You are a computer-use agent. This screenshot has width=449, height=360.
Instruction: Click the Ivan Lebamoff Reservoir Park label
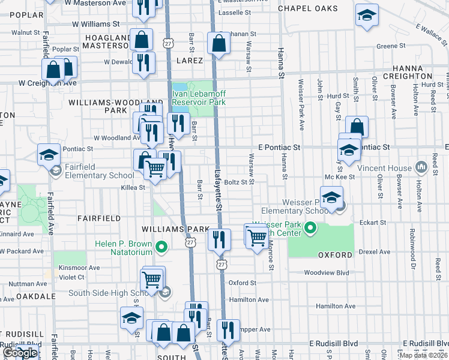point(199,98)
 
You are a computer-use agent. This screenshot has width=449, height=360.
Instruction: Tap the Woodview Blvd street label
point(326,272)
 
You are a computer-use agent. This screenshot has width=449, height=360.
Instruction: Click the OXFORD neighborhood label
point(335,255)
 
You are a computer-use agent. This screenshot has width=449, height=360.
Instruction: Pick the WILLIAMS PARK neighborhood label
point(174,230)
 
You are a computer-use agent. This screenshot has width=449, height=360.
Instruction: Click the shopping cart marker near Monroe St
point(257,236)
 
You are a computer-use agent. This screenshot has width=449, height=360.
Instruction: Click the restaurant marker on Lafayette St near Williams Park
point(219,239)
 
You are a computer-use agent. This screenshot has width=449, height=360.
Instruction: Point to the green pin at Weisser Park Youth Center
point(310,228)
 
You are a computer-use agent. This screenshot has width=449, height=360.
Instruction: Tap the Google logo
point(20,353)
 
